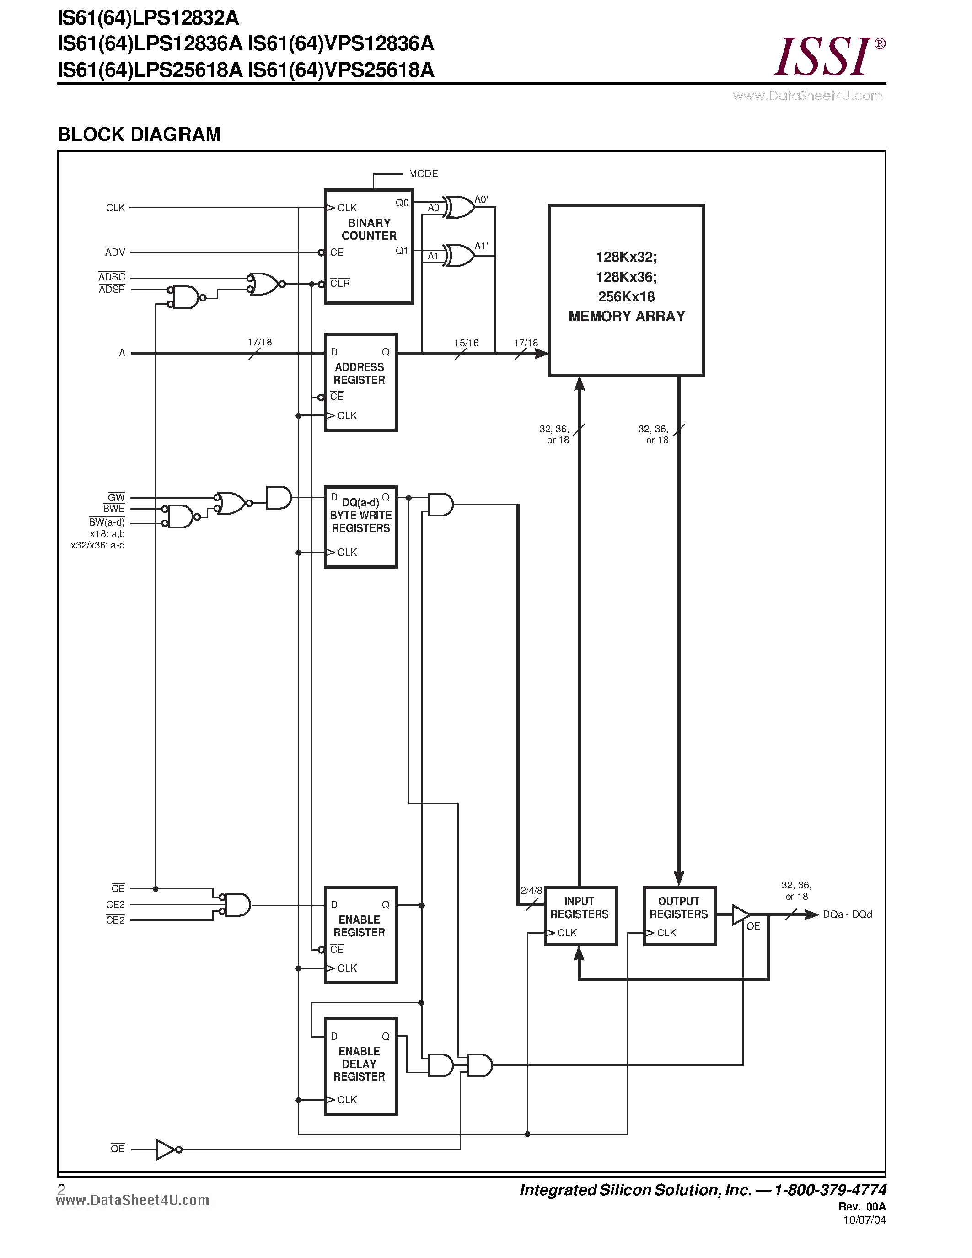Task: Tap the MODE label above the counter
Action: [423, 173]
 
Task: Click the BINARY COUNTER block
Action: [369, 246]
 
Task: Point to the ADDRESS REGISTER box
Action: [360, 382]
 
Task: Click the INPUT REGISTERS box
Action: [580, 916]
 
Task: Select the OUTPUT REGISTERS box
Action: [679, 916]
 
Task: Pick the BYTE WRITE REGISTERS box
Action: [360, 527]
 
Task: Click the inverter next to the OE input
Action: [166, 1149]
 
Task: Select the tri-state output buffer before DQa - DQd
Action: [740, 915]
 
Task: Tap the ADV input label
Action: [115, 253]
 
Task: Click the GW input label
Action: [116, 497]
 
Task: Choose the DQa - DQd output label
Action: [847, 915]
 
